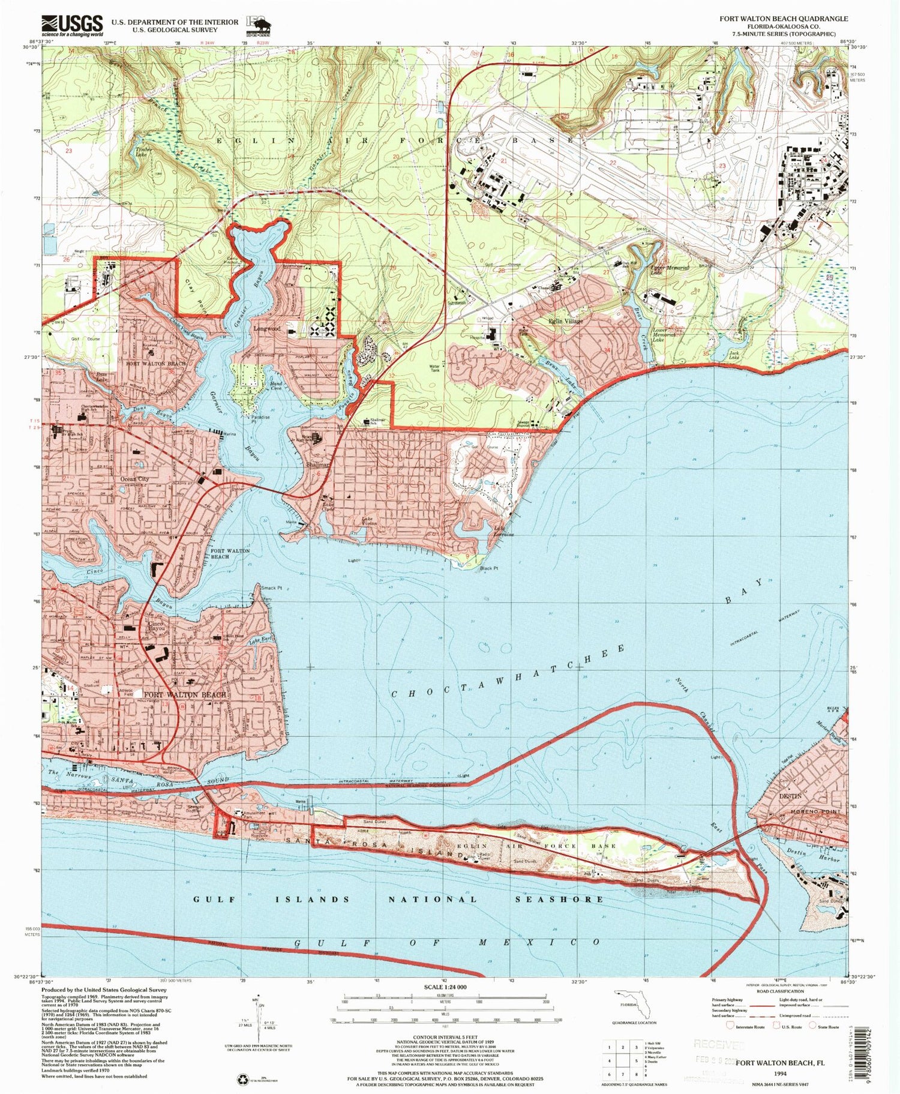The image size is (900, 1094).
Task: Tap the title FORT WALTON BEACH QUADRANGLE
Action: [x=784, y=19]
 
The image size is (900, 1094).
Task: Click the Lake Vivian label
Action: [x=368, y=521]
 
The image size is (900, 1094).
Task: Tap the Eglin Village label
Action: [x=565, y=322]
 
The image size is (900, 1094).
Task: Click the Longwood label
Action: [x=266, y=329]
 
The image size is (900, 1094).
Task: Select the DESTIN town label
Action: [x=790, y=796]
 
